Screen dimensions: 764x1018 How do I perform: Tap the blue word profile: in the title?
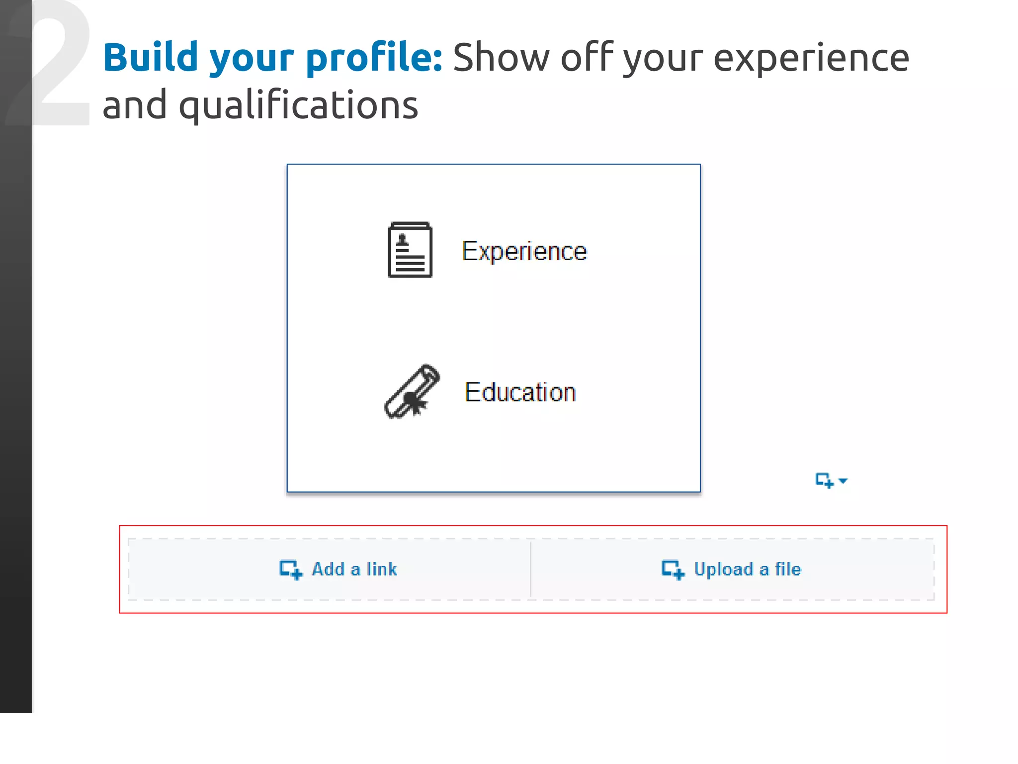coord(374,59)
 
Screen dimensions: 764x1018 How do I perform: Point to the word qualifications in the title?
coord(298,106)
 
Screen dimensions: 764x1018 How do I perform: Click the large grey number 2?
coord(60,65)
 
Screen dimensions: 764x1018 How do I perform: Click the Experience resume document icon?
coord(410,250)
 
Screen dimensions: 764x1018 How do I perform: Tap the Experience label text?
coord(524,251)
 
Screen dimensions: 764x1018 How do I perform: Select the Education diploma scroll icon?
coord(412,392)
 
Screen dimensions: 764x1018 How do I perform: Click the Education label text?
coord(520,392)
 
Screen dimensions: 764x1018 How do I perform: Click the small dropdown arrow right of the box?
coord(843,480)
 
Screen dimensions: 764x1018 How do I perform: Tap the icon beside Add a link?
coord(291,570)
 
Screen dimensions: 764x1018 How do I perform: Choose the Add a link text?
coord(354,569)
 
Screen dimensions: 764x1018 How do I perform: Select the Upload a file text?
coord(747,569)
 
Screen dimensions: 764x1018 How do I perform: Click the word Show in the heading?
coord(501,58)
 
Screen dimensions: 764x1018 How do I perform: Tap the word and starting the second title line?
coord(134,105)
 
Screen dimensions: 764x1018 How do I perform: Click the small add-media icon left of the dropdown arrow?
coord(824,480)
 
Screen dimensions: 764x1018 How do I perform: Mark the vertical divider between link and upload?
coord(530,569)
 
